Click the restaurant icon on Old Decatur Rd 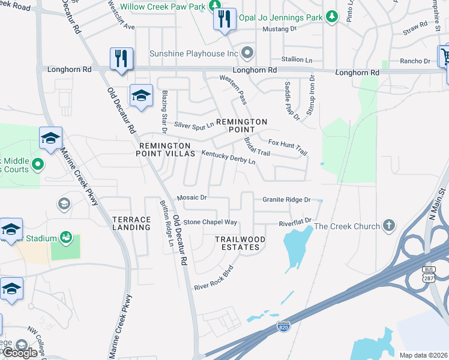[122, 59]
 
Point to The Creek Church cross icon [389, 226]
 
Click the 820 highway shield [283, 326]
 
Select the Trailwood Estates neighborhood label [240, 243]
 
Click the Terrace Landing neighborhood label [131, 224]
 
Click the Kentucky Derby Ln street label [228, 158]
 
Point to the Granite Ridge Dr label [286, 199]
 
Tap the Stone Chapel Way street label [210, 222]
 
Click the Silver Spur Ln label [194, 125]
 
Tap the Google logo [20, 352]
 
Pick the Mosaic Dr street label [191, 197]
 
